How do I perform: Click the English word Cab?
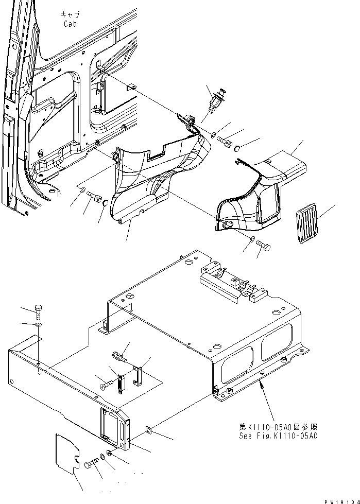pos(70,24)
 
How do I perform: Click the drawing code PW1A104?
pos(341,500)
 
